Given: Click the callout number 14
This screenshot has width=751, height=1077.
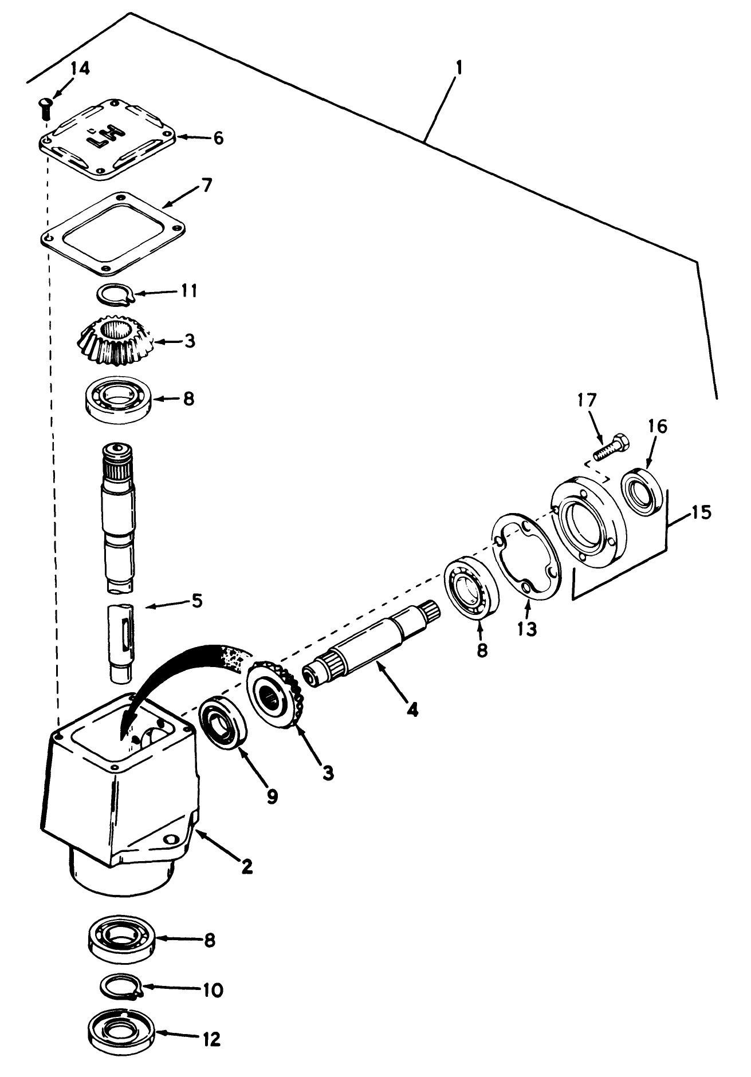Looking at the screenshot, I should click(81, 69).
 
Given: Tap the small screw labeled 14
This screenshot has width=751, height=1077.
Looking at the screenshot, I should click(45, 107).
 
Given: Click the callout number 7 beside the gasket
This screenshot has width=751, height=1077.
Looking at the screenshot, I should click(206, 186).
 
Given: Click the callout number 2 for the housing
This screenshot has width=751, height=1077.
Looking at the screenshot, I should click(246, 866).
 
